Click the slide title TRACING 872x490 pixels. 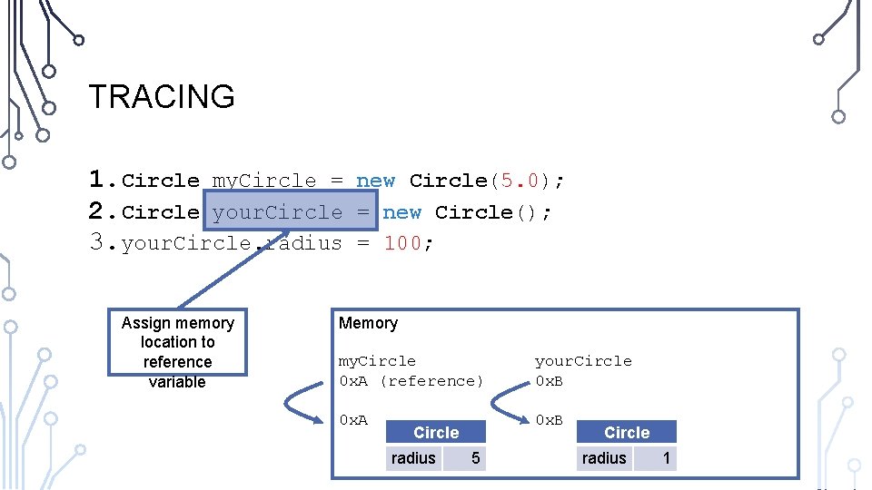(162, 96)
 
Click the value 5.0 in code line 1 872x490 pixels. (515, 181)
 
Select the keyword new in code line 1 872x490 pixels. (375, 181)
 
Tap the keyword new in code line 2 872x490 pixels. (401, 212)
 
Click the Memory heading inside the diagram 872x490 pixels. (368, 323)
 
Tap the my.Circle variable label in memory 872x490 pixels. (377, 361)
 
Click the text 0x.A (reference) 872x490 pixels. (411, 381)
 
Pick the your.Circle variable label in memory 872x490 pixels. (583, 361)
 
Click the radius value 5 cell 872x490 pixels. (475, 458)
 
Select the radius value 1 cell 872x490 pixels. (666, 458)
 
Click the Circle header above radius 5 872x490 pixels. (436, 433)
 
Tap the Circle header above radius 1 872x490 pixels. (627, 433)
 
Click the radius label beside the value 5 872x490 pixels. (413, 458)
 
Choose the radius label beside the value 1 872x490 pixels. (604, 458)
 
